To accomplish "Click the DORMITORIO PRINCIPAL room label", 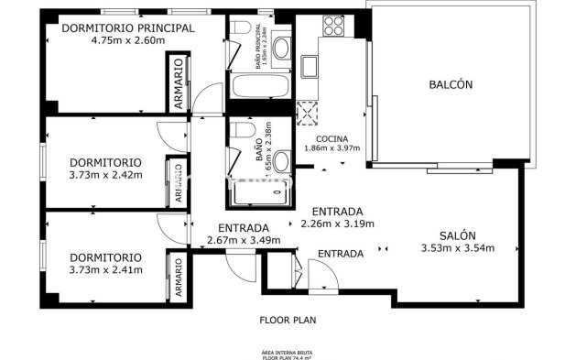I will [128, 27].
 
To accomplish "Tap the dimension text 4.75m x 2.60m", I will [128, 40].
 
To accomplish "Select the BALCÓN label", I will [451, 84].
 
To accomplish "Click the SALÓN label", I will [457, 235].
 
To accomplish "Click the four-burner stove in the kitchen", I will [332, 27].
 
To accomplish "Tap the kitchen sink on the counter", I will [310, 64].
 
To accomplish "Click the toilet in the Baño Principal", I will [238, 36].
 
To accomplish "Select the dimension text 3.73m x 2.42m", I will [105, 174].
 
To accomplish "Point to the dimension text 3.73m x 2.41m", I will [105, 270].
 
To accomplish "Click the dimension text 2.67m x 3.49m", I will [244, 241].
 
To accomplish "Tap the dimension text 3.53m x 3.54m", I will [457, 247].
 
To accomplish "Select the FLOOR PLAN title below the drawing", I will [288, 322].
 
